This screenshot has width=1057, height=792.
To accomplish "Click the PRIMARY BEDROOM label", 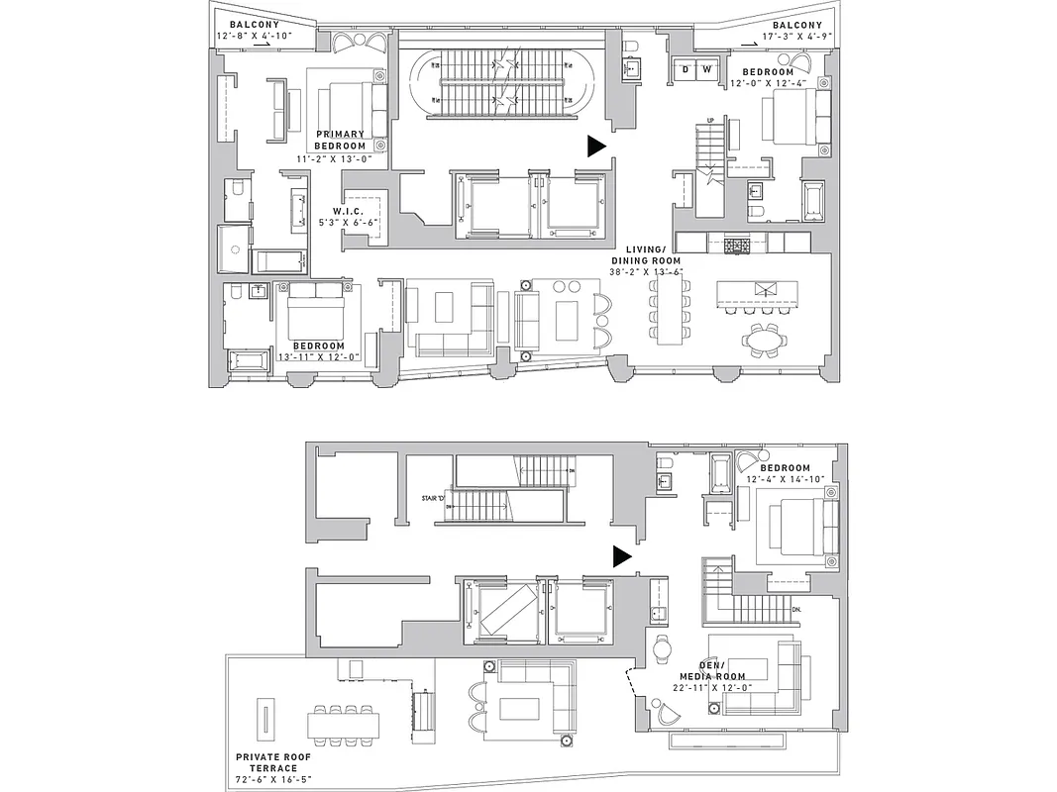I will tap(340, 140).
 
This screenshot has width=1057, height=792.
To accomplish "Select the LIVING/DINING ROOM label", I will tap(655, 253).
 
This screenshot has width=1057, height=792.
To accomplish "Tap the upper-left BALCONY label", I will tap(254, 24).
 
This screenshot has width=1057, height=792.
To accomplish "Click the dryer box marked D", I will tap(685, 69).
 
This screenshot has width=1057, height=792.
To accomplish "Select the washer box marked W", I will tap(706, 69).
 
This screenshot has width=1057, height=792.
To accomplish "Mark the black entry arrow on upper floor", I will tap(596, 147).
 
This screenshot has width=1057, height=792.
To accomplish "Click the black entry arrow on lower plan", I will tap(621, 556).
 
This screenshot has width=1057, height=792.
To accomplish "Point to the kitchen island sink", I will tap(764, 290).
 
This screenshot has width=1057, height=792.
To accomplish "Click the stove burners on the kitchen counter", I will tap(738, 244).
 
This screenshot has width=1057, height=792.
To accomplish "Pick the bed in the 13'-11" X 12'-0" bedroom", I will tap(317, 315).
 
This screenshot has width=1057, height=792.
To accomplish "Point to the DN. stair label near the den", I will tap(798, 610).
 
